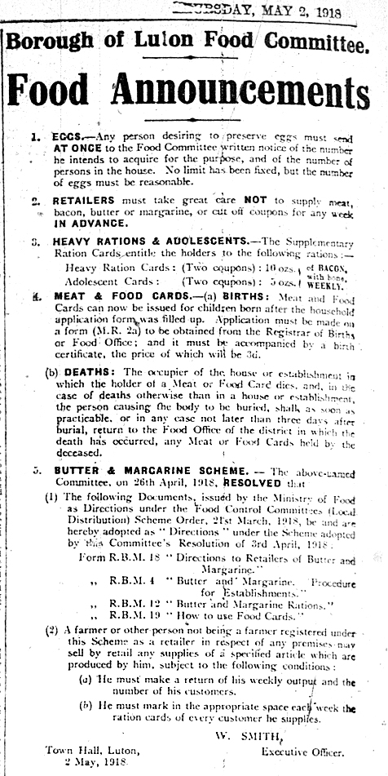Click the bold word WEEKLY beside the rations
[326, 285]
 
